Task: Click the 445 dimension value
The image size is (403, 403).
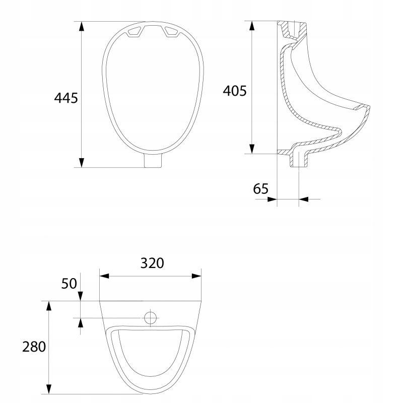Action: (x=66, y=98)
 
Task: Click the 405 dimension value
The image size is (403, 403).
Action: (x=235, y=91)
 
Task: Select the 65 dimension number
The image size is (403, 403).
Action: (x=260, y=188)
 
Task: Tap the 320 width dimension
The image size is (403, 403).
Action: (x=152, y=263)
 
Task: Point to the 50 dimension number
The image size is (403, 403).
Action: (x=69, y=284)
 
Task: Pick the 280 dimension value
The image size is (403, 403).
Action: (x=34, y=347)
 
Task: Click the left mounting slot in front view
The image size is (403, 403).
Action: (x=133, y=31)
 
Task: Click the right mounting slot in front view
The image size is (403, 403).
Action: (x=172, y=32)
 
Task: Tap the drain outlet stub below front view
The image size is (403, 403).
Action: (x=153, y=161)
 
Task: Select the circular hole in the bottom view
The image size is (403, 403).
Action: (x=150, y=318)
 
